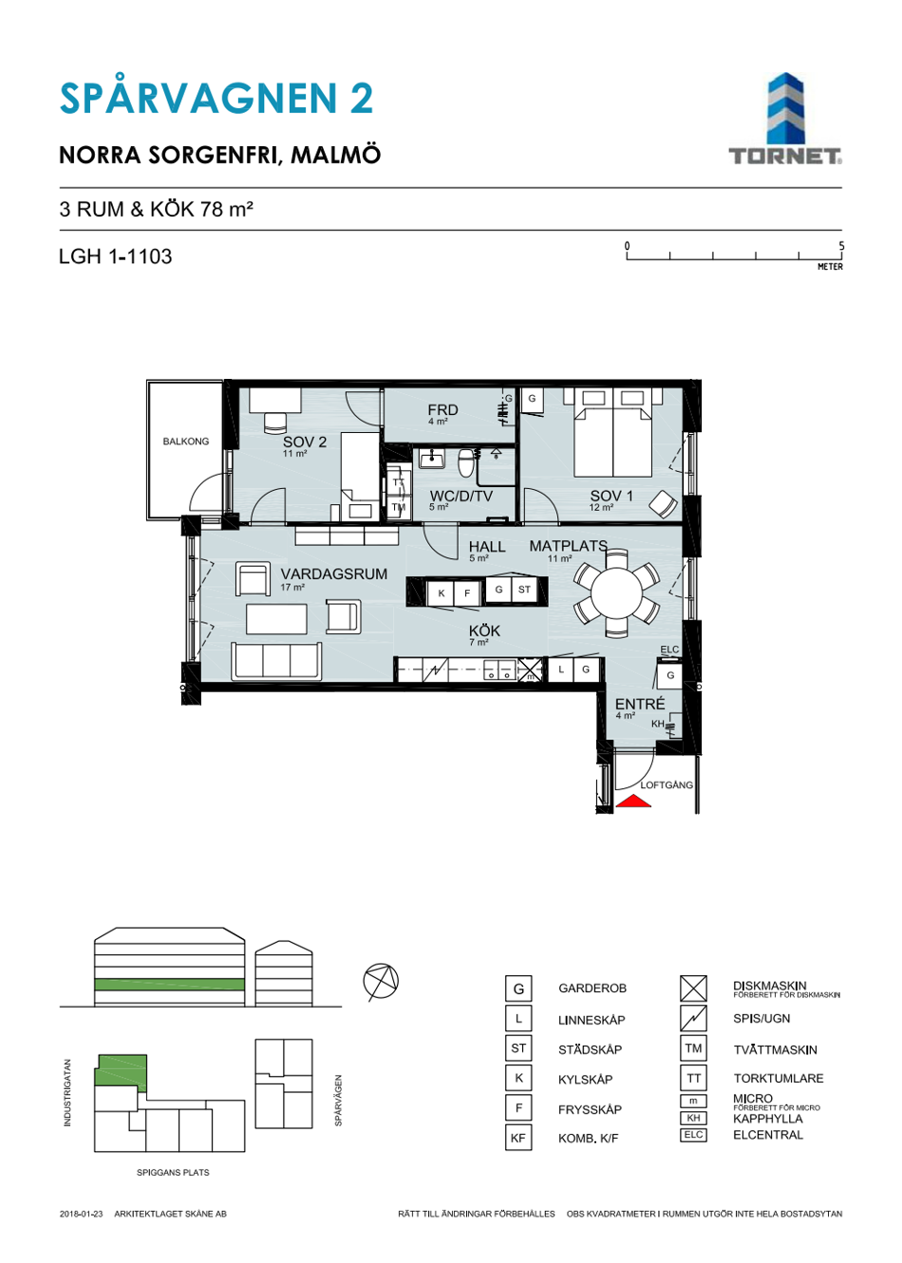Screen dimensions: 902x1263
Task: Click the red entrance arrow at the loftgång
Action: tap(632, 801)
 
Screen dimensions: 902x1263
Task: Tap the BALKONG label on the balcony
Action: tap(185, 442)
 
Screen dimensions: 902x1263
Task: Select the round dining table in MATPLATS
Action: tap(616, 594)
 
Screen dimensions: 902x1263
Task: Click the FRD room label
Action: tap(442, 410)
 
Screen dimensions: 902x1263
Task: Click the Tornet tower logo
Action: tap(785, 119)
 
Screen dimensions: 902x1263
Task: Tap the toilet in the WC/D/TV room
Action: tap(466, 462)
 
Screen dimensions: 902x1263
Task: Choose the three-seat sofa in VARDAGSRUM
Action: tap(275, 661)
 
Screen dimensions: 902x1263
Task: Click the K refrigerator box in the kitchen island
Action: tap(442, 594)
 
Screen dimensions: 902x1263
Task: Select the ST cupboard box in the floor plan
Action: tap(524, 590)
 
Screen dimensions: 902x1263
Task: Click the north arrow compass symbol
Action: tap(381, 982)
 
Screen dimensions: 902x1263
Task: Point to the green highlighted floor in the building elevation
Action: tap(169, 985)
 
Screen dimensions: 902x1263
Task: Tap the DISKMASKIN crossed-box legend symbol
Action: tap(693, 989)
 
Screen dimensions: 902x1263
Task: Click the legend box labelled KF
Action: tap(518, 1139)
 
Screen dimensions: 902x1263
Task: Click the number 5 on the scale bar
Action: tap(841, 246)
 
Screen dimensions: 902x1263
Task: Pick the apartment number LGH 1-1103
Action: tap(116, 256)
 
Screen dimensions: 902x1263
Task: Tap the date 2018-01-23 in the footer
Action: tap(82, 1214)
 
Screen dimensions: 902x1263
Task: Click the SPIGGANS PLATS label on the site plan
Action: tap(173, 1173)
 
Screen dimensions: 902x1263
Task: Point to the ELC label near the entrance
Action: tap(669, 650)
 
